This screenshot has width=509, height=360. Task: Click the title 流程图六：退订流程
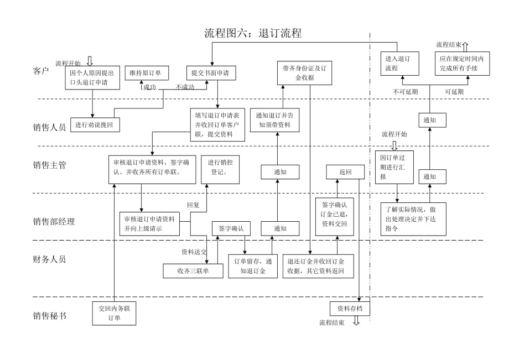pyautogui.click(x=253, y=33)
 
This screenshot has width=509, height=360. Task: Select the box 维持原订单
pyautogui.click(x=146, y=73)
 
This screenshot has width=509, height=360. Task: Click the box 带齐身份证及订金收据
pyautogui.click(x=304, y=72)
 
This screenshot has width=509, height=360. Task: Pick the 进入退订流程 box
pyautogui.click(x=399, y=64)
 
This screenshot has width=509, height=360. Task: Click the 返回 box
pyautogui.click(x=345, y=172)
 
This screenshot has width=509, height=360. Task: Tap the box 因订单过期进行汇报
pyautogui.click(x=394, y=166)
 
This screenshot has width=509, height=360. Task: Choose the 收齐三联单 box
pyautogui.click(x=193, y=270)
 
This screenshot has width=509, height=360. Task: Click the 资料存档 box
pyautogui.click(x=350, y=309)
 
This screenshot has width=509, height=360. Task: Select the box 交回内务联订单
pyautogui.click(x=114, y=313)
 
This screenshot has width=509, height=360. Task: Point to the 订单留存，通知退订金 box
pyautogui.click(x=253, y=266)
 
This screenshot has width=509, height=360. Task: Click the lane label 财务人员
pyautogui.click(x=49, y=259)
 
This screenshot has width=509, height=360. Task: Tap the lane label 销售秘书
pyautogui.click(x=49, y=316)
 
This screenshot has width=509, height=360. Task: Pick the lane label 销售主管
pyautogui.click(x=49, y=165)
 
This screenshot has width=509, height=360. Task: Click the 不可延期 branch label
pyautogui.click(x=406, y=92)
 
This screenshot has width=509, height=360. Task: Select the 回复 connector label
pyautogui.click(x=193, y=205)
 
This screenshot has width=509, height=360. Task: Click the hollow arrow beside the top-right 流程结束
pyautogui.click(x=465, y=46)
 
